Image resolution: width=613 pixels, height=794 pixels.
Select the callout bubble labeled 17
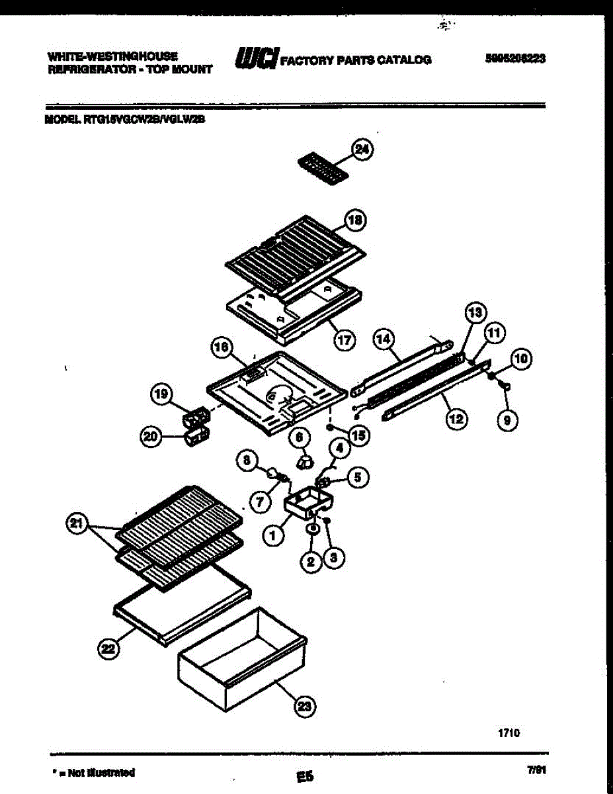pyautogui.click(x=344, y=340)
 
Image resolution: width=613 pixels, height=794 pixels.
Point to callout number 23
pyautogui.click(x=304, y=707)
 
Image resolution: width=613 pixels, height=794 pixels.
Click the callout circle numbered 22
pyautogui.click(x=108, y=651)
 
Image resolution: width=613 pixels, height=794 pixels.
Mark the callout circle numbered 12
pyautogui.click(x=456, y=418)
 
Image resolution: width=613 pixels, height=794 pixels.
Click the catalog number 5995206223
pyautogui.click(x=515, y=58)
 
